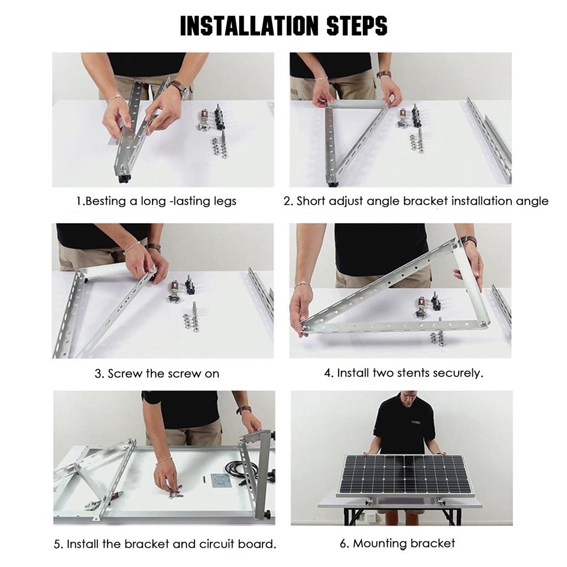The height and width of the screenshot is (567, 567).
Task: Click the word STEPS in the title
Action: [x=357, y=26]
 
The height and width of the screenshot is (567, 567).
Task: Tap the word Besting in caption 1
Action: [x=105, y=201]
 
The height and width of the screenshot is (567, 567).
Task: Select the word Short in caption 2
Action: [x=311, y=201]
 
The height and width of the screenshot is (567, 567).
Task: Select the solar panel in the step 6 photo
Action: [x=405, y=475]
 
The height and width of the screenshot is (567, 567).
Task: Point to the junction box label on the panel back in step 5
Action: [x=220, y=481]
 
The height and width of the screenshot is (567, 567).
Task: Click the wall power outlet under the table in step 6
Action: [x=369, y=517]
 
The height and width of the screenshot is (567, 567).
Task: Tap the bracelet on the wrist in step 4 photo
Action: [x=303, y=285]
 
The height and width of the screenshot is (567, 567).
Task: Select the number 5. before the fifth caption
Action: [x=59, y=544]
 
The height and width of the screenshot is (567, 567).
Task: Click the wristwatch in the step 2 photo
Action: [x=384, y=74]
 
